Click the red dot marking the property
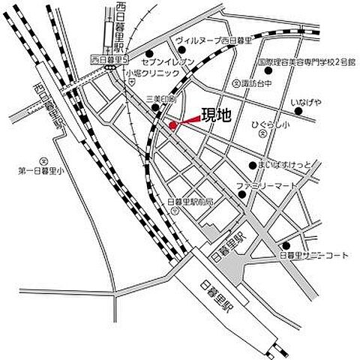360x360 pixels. click(x=172, y=124)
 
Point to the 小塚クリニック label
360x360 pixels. click(x=153, y=73)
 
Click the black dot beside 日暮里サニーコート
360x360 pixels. click(x=285, y=245)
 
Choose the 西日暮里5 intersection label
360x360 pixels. click(x=106, y=58)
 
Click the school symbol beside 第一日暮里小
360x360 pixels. click(x=43, y=160)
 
